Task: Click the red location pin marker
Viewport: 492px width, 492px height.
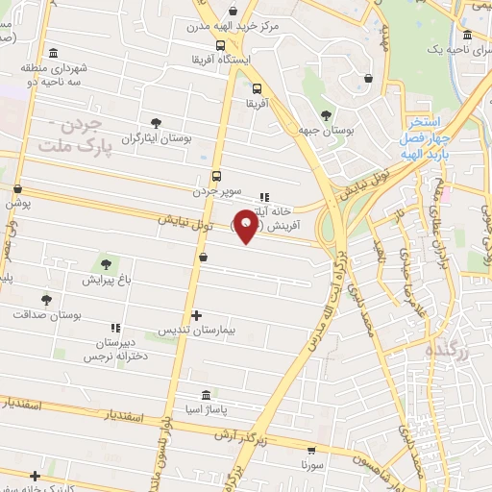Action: [246, 224]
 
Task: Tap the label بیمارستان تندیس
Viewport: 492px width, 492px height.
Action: [196, 330]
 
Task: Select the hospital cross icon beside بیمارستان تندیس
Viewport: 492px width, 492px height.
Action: [196, 315]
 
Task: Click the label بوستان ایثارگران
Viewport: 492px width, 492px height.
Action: [157, 138]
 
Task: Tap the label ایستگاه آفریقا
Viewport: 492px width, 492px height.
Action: [221, 60]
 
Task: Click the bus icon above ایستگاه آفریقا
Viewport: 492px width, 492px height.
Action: [221, 45]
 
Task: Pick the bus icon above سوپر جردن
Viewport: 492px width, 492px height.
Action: [215, 177]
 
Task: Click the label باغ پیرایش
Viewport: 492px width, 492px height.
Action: [105, 280]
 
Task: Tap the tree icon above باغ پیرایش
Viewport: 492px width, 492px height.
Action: [105, 264]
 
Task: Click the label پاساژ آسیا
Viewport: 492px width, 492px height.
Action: [208, 410]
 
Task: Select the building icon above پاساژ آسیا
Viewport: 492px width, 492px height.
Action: [208, 396]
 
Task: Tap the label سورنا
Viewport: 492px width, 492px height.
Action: [311, 463]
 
